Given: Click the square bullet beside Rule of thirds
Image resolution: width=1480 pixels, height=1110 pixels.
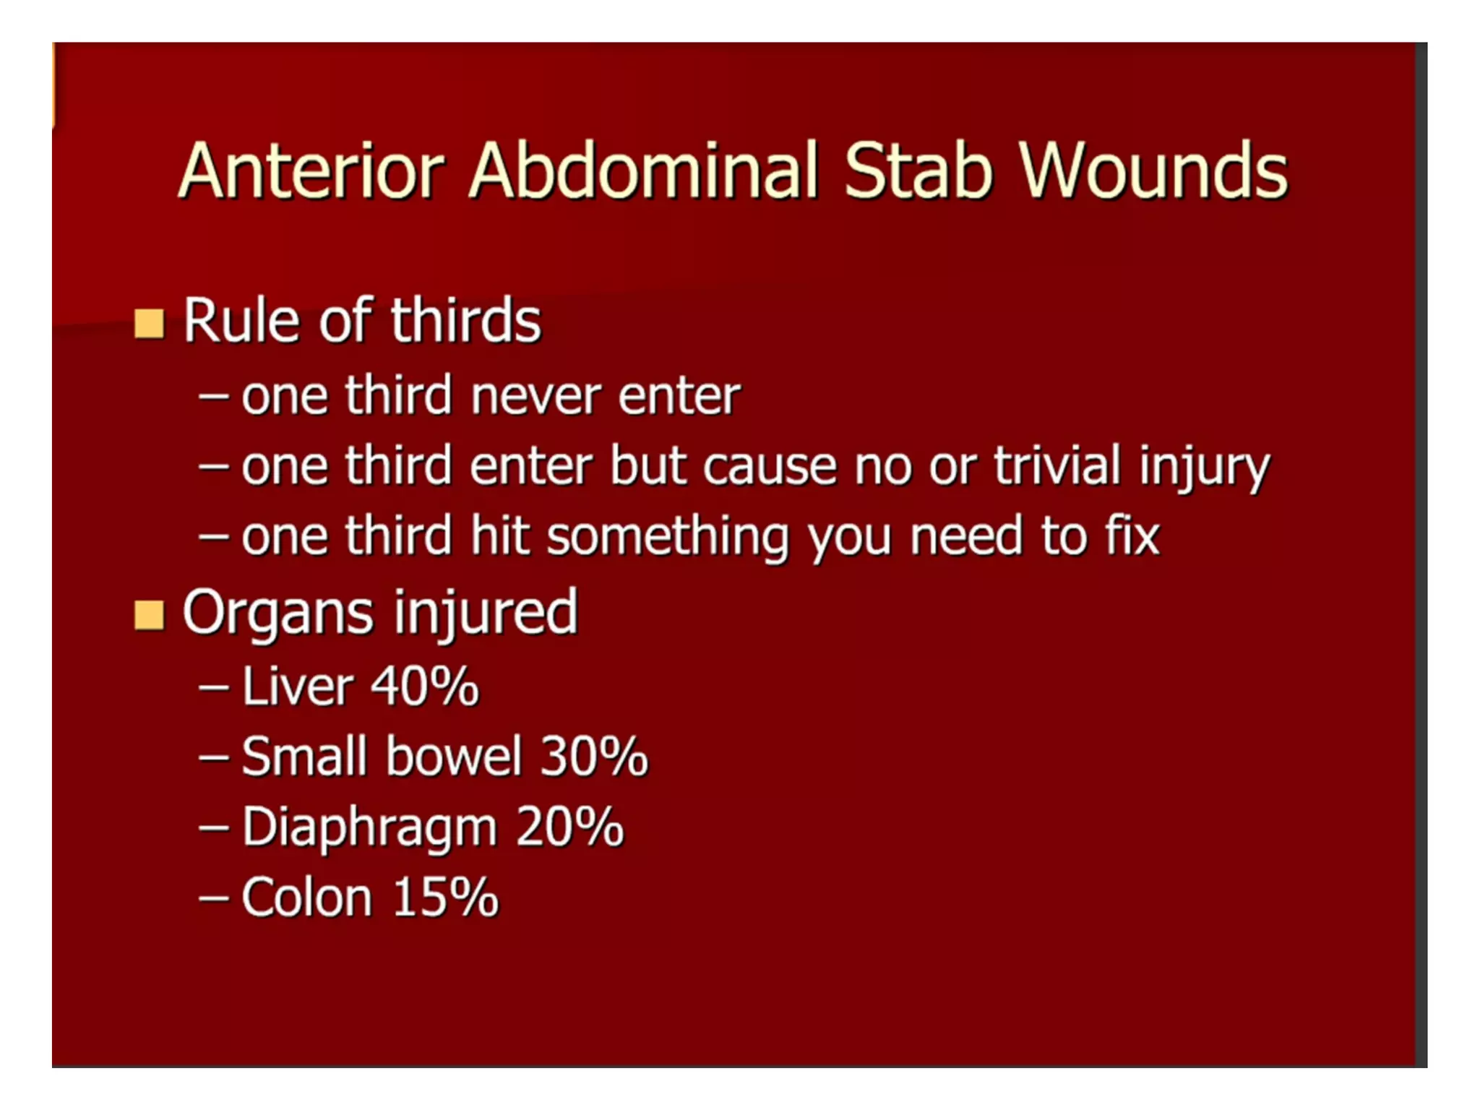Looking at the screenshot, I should pyautogui.click(x=149, y=323).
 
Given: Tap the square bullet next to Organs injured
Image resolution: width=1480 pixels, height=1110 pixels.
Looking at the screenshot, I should pyautogui.click(x=149, y=616).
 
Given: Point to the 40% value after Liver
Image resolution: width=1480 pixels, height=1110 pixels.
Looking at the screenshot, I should pyautogui.click(x=425, y=686).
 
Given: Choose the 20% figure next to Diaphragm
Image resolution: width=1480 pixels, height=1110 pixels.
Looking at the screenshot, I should pyautogui.click(x=569, y=827).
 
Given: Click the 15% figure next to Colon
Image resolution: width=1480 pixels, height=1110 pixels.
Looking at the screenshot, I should pyautogui.click(x=446, y=898).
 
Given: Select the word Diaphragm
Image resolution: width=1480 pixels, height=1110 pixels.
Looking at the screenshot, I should pyautogui.click(x=369, y=827).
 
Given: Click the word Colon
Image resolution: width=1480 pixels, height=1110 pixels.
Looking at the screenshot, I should pyautogui.click(x=306, y=898).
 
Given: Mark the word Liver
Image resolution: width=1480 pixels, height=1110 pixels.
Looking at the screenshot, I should pyautogui.click(x=297, y=686).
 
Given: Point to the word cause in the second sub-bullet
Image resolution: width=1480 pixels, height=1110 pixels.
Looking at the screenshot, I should pyautogui.click(x=770, y=466).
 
